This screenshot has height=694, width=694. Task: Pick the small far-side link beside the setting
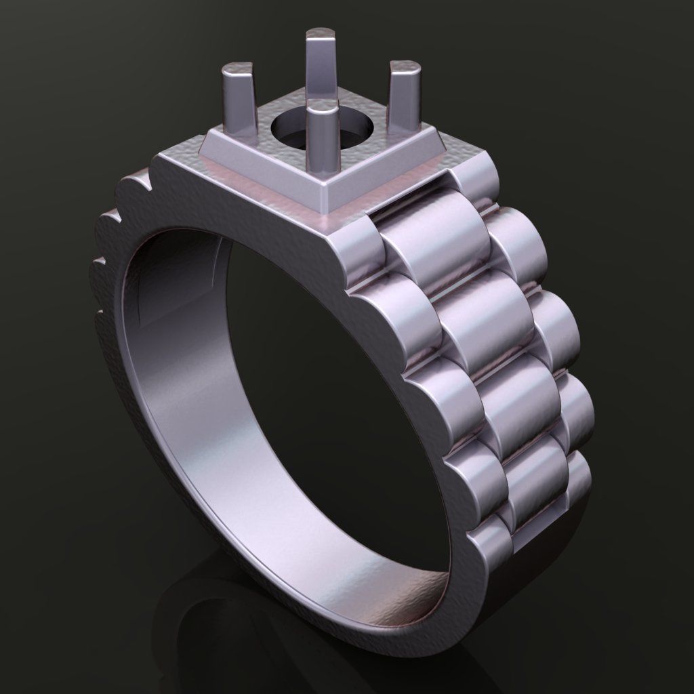pos(474,180)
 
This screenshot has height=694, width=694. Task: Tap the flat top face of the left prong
pos(238,68)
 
